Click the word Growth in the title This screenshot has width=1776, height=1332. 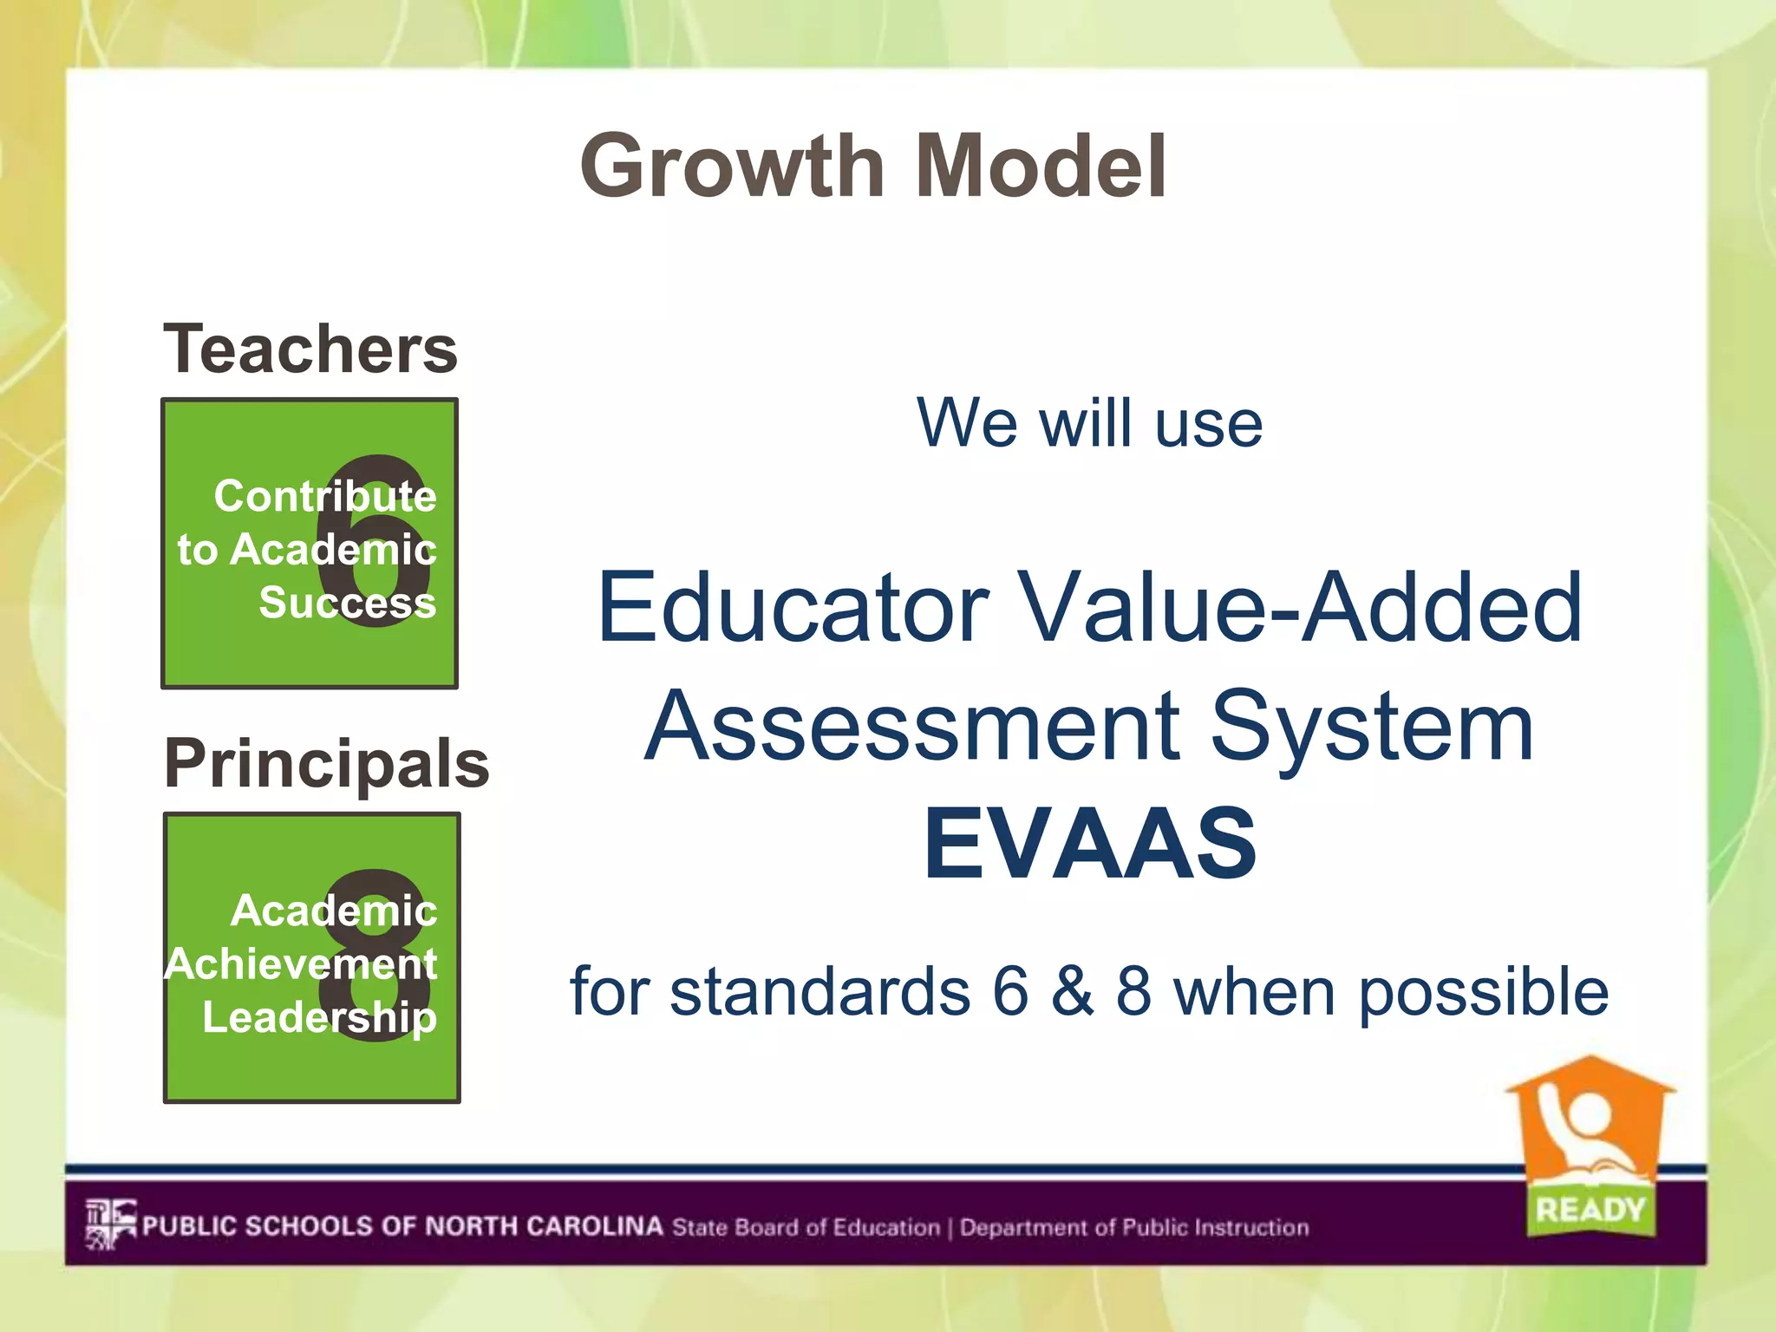[733, 166]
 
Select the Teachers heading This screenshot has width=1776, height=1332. [310, 349]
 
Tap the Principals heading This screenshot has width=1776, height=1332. [327, 763]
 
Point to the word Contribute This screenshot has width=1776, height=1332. [325, 496]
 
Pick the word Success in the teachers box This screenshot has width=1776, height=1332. [347, 602]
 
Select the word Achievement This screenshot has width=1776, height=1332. [301, 963]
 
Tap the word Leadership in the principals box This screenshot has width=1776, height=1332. [319, 1017]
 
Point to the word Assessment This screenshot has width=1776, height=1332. [912, 725]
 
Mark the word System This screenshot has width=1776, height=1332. [1372, 727]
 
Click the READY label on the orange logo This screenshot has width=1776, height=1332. [1590, 1209]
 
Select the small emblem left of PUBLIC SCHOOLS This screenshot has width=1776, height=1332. [110, 1224]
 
